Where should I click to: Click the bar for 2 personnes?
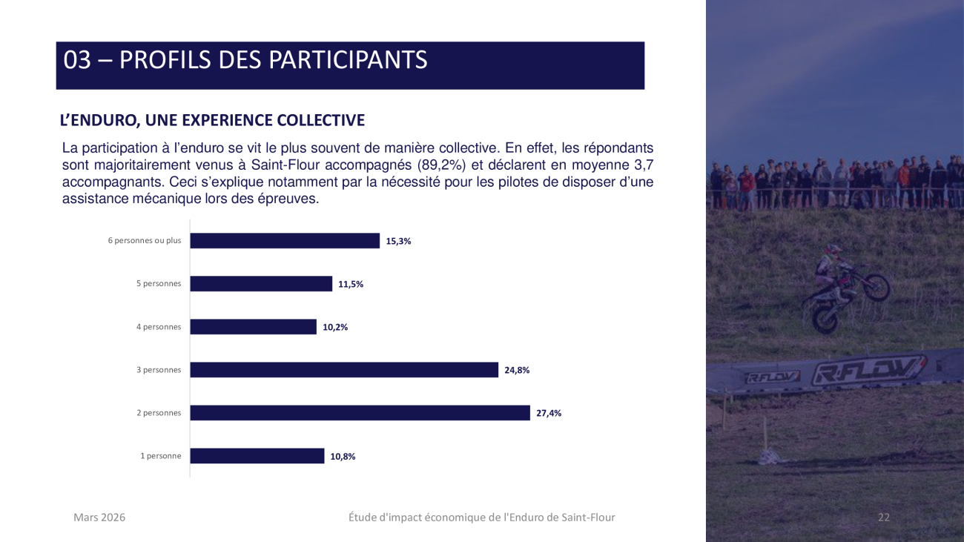click(360, 413)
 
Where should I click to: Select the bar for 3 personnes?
click(344, 370)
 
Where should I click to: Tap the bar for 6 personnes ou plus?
click(285, 241)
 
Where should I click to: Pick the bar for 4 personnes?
click(253, 327)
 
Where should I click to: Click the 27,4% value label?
click(549, 414)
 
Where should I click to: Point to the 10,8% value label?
click(343, 457)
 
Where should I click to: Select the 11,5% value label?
click(351, 284)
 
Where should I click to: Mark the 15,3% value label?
click(398, 241)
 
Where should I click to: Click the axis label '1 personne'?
click(161, 456)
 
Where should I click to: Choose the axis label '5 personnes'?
click(159, 284)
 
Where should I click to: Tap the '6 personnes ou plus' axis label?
click(145, 241)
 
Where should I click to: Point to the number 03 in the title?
click(77, 60)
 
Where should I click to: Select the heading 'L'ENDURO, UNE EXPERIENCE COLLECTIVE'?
click(212, 120)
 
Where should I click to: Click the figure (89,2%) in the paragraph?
click(442, 165)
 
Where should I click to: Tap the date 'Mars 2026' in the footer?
click(99, 518)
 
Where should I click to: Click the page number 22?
click(883, 518)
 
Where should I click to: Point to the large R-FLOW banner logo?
click(868, 370)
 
